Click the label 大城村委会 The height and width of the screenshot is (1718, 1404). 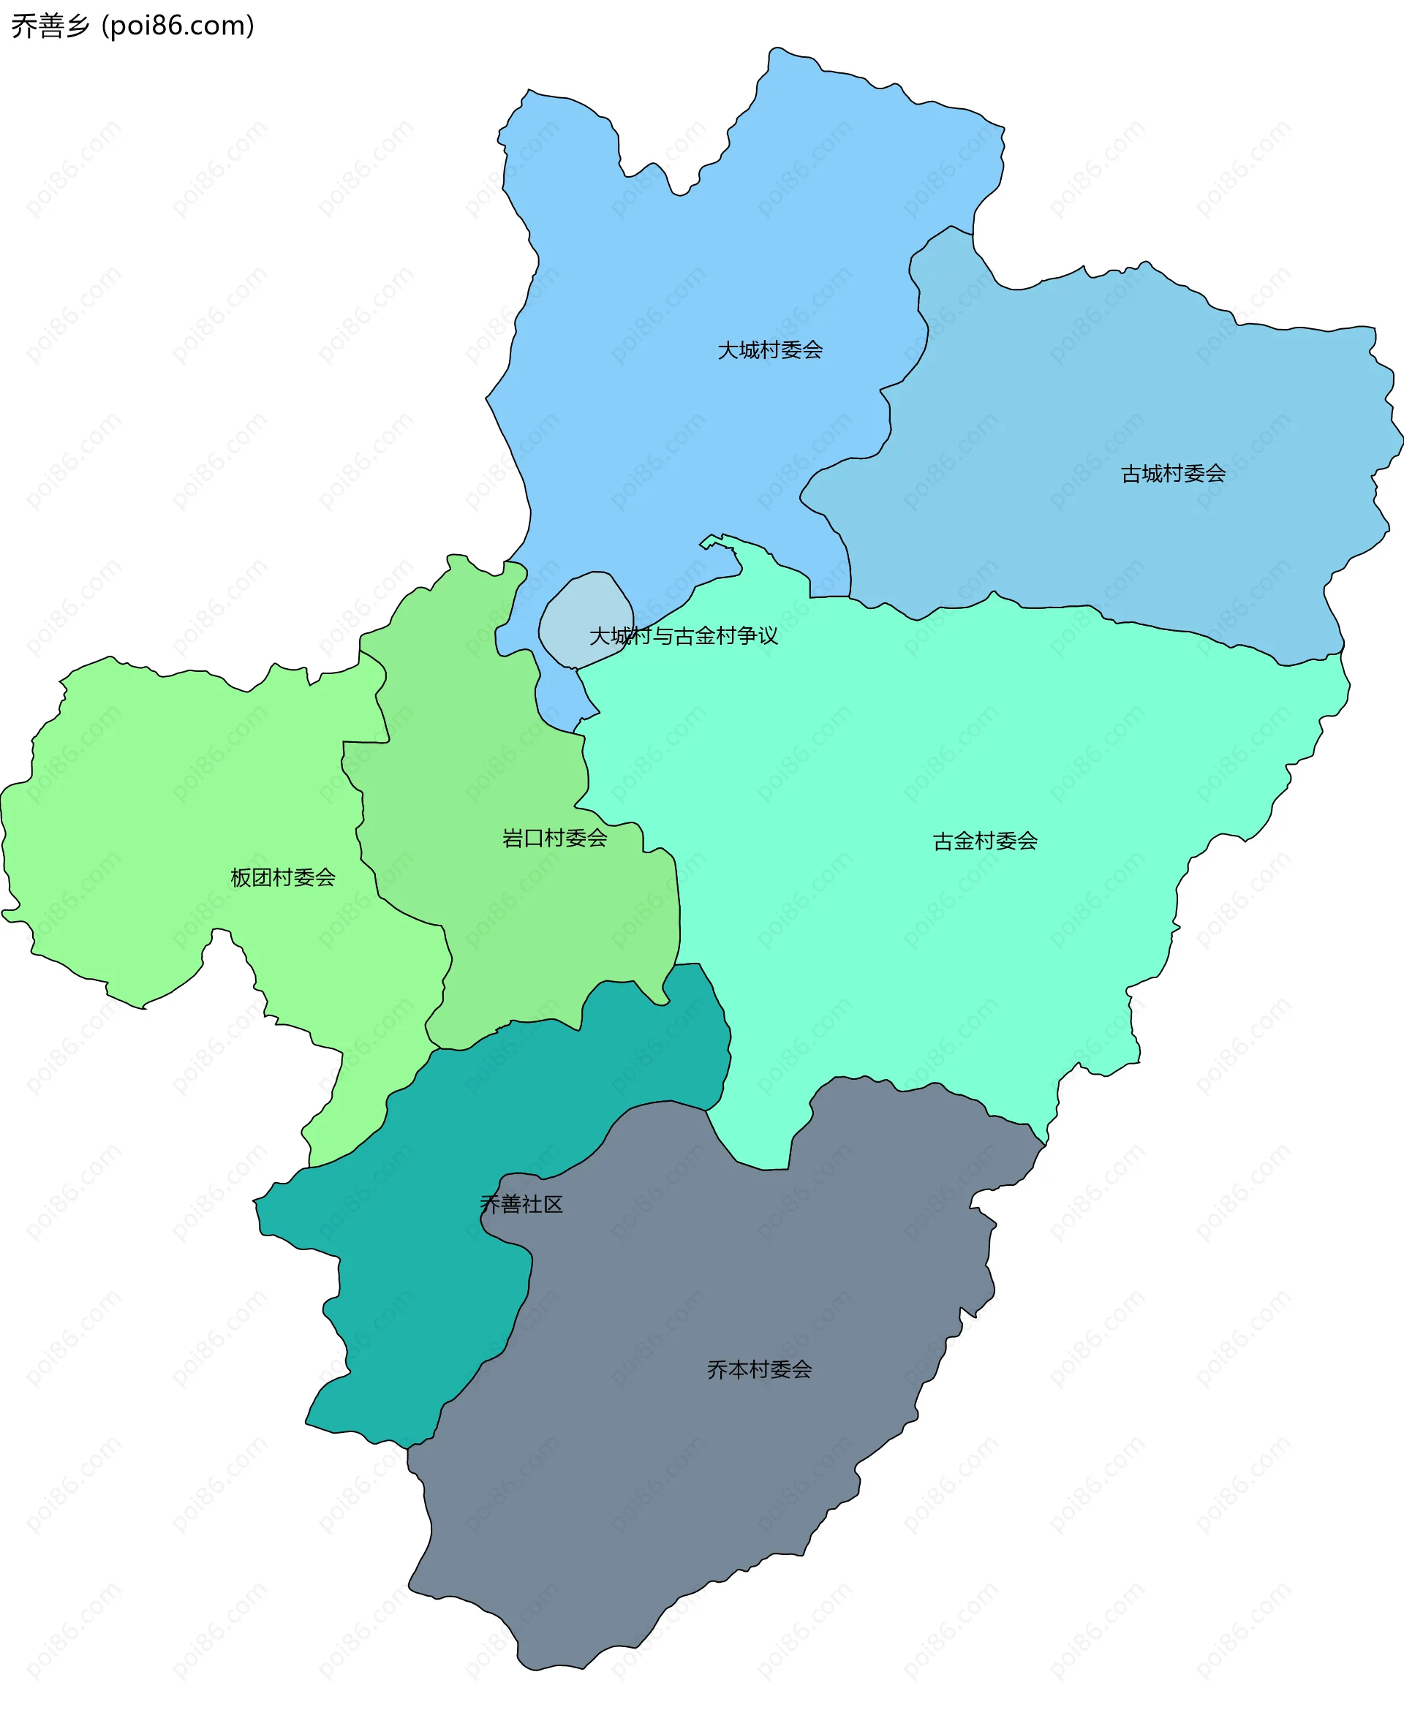(770, 350)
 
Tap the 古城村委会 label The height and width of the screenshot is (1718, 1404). (1173, 474)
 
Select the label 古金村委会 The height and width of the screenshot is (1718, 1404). (985, 841)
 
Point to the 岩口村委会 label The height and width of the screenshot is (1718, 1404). (555, 839)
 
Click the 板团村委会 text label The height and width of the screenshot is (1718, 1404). (283, 878)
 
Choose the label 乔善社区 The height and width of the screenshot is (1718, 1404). (521, 1205)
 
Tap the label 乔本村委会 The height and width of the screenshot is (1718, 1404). (760, 1369)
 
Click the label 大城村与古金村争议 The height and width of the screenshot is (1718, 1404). (684, 636)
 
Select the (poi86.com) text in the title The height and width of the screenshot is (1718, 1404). (178, 26)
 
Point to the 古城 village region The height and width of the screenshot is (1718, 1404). (1132, 388)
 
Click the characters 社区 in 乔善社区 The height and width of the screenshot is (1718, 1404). (543, 1205)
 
